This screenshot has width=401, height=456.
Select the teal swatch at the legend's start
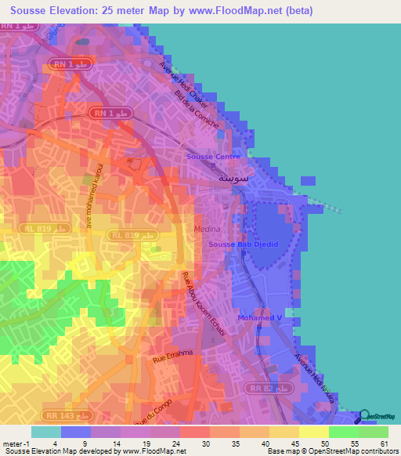point(45,431)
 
